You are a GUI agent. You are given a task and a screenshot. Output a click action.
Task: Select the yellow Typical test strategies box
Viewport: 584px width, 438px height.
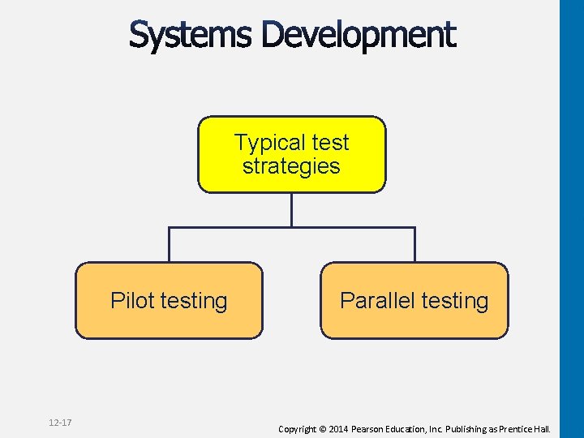(x=292, y=154)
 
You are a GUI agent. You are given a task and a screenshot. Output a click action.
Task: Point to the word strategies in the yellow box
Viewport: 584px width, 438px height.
(x=291, y=166)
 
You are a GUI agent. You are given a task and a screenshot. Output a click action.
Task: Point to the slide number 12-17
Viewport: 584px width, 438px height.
(x=60, y=423)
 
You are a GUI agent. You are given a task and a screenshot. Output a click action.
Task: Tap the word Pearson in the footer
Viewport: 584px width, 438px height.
(x=374, y=428)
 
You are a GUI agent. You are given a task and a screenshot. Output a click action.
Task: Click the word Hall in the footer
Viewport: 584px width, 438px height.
(x=543, y=428)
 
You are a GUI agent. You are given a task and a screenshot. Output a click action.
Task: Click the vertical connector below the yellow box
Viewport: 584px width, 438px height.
(x=292, y=210)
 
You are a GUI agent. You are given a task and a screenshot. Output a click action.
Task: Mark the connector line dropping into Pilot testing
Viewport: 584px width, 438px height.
(x=169, y=245)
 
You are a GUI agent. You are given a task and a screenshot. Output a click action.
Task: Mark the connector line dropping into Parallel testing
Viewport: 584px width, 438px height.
(x=414, y=245)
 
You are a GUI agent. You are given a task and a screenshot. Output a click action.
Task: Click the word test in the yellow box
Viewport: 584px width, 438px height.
(x=330, y=143)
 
